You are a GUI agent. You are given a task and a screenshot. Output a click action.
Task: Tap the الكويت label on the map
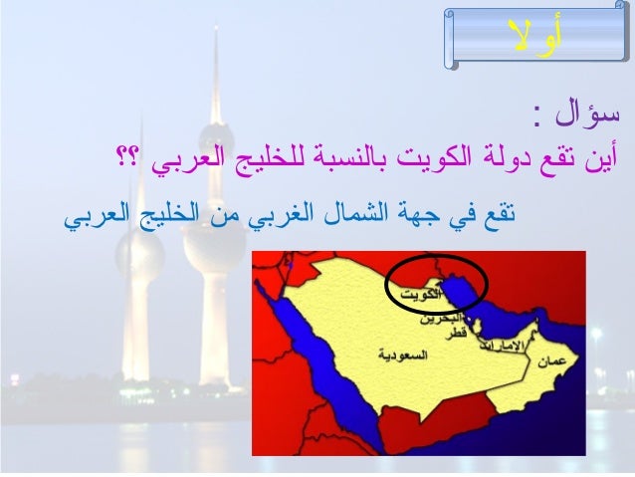pos(415,296)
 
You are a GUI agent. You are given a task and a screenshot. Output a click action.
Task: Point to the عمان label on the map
pos(553,364)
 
